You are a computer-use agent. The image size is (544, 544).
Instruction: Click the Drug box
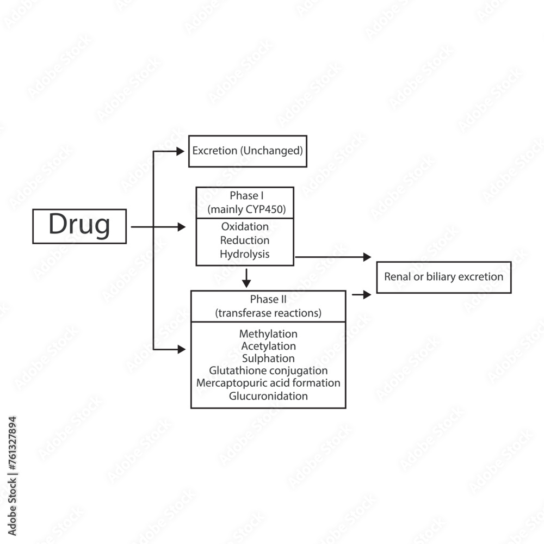pyautogui.click(x=79, y=226)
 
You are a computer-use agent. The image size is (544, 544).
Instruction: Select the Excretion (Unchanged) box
pyautogui.click(x=247, y=151)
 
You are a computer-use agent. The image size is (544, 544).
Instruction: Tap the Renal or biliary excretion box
pyautogui.click(x=443, y=277)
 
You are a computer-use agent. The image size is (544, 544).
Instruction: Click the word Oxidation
pyautogui.click(x=245, y=226)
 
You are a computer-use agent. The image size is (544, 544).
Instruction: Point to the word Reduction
pyautogui.click(x=245, y=240)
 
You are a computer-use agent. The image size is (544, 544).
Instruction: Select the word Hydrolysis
pyautogui.click(x=245, y=254)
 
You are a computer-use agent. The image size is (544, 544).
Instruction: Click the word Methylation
pyautogui.click(x=268, y=333)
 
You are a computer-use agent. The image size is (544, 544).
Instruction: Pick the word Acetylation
pyautogui.click(x=268, y=346)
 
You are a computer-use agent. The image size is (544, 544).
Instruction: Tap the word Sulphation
pyautogui.click(x=268, y=358)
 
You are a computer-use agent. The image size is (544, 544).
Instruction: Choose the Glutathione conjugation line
pyautogui.click(x=268, y=370)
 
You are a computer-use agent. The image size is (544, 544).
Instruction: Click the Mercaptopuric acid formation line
pyautogui.click(x=268, y=383)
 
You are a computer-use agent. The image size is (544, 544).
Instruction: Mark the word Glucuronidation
pyautogui.click(x=268, y=396)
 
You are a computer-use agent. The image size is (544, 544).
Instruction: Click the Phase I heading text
pyautogui.click(x=245, y=195)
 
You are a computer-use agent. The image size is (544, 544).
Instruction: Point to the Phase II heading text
pyautogui.click(x=268, y=299)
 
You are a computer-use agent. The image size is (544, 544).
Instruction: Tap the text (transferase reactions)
pyautogui.click(x=268, y=313)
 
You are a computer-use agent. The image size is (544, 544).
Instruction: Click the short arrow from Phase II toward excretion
pyautogui.click(x=362, y=294)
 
